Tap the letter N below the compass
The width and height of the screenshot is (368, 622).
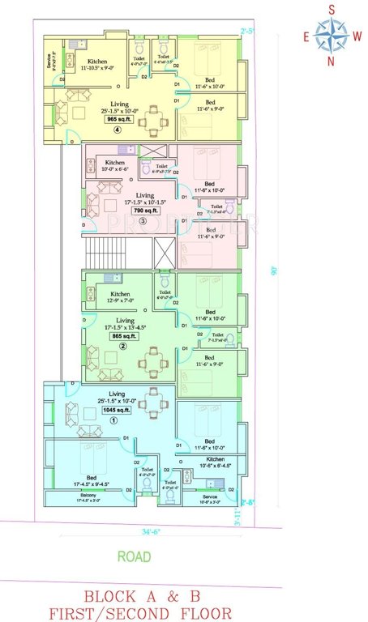click(330, 62)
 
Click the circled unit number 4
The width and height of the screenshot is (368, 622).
click(118, 130)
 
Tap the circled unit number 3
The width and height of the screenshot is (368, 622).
click(143, 220)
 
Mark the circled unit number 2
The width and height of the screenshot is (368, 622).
click(122, 346)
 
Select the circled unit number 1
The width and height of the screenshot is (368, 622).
click(113, 420)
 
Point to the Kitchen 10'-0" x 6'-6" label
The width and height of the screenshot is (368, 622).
click(114, 165)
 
